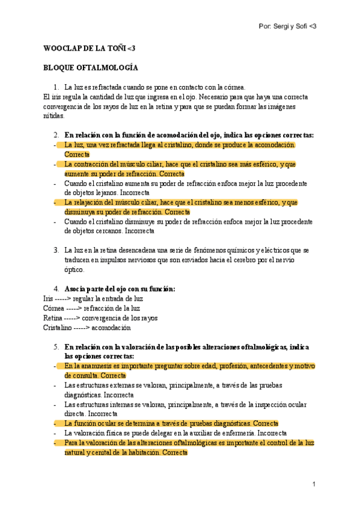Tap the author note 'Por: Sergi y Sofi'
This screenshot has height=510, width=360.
(286, 27)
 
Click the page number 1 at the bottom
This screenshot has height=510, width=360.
(314, 484)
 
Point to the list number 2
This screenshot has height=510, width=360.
(56, 135)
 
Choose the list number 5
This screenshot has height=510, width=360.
(56, 347)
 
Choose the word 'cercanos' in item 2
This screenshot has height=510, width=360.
(107, 231)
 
